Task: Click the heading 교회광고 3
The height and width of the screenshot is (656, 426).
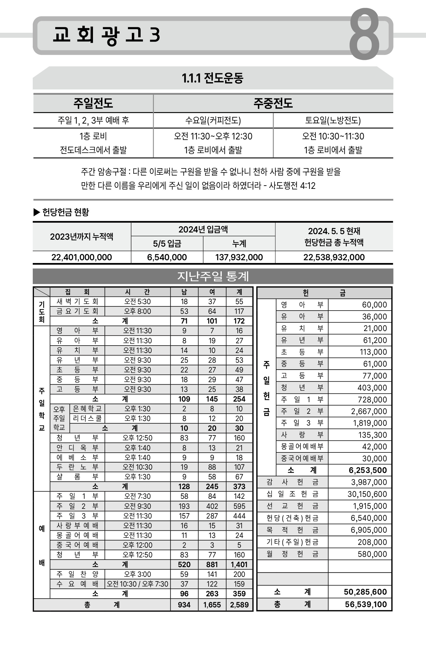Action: point(106,35)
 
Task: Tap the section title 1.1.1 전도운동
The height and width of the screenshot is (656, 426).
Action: point(213,78)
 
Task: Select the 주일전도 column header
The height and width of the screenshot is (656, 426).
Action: point(93,103)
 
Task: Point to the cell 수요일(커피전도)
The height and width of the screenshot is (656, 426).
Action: point(213,120)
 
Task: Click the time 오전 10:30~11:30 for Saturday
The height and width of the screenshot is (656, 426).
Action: point(333,136)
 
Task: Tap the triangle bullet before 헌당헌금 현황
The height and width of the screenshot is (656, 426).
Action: point(37,212)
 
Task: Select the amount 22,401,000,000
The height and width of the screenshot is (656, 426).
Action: point(82,257)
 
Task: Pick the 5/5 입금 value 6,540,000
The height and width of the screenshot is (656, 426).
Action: point(167,257)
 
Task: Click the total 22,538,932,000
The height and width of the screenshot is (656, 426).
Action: point(334,257)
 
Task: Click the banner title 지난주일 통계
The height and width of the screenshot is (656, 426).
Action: point(213,276)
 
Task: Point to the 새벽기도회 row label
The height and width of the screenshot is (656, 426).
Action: point(77,302)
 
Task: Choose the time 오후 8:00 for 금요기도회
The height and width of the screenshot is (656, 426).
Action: point(137,311)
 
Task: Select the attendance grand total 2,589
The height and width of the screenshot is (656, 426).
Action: point(239,605)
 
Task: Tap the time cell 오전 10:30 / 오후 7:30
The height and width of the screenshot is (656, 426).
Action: point(137,584)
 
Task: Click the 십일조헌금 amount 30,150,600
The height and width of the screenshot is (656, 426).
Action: point(367,494)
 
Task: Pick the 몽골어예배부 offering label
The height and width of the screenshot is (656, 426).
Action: point(302,447)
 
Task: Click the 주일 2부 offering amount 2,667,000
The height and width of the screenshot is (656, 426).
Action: point(369,411)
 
